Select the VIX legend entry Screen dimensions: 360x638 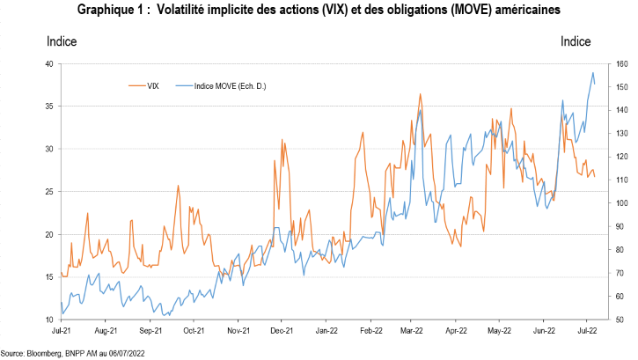click(153, 85)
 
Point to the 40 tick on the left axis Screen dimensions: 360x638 click(49, 63)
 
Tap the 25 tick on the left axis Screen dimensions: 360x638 click(49, 192)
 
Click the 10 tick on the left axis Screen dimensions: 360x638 click(49, 320)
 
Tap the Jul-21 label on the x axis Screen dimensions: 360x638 click(62, 332)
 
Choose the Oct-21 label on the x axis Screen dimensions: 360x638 click(194, 332)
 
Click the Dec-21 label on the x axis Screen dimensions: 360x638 click(282, 332)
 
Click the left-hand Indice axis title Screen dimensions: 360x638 click(61, 41)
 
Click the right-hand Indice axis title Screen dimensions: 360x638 click(576, 41)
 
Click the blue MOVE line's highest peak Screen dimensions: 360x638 click(593, 72)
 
